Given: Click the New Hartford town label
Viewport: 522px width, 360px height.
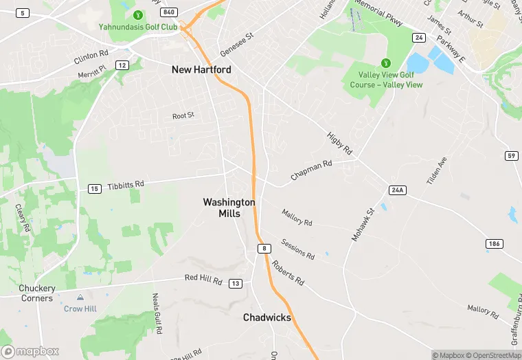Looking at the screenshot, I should pyautogui.click(x=201, y=70).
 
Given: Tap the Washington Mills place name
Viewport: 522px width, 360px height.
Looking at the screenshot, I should pyautogui.click(x=229, y=207).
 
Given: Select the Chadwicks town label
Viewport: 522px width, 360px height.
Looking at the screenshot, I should pyautogui.click(x=267, y=317).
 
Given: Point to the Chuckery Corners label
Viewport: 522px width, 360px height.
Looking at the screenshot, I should pyautogui.click(x=37, y=293).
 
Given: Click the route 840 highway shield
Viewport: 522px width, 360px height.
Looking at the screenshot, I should pyautogui.click(x=168, y=13).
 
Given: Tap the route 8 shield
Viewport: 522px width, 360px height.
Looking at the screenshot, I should pyautogui.click(x=263, y=248).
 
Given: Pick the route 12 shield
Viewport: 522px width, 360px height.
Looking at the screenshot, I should pyautogui.click(x=122, y=65).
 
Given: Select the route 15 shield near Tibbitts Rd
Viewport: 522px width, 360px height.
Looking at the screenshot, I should pyautogui.click(x=95, y=189).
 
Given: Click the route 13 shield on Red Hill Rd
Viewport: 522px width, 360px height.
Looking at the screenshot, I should pyautogui.click(x=236, y=283).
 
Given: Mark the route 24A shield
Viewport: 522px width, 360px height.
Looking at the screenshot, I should pyautogui.click(x=397, y=189).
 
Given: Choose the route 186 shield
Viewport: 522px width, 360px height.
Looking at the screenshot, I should pyautogui.click(x=494, y=244).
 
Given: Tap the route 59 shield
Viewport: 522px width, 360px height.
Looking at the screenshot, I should pyautogui.click(x=511, y=155).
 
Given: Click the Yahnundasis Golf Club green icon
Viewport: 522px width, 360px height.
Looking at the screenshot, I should pyautogui.click(x=137, y=14).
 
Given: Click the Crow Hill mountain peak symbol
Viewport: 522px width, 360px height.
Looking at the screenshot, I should pyautogui.click(x=80, y=298).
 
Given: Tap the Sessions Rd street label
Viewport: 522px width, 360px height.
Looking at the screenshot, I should pyautogui.click(x=298, y=250).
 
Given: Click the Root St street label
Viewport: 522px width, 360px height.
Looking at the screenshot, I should pyautogui.click(x=183, y=116).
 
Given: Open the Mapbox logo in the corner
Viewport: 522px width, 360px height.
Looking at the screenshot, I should pyautogui.click(x=30, y=351).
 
